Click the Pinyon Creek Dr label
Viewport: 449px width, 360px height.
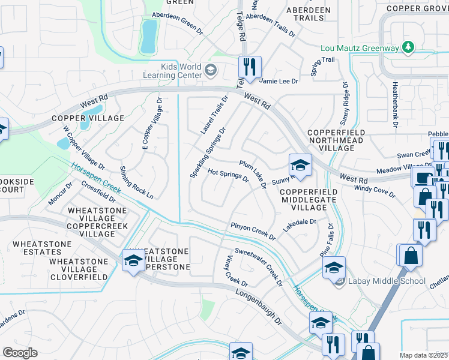pos(253,231)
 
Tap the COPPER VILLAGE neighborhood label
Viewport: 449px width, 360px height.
pos(88,119)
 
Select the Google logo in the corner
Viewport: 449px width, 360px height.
pos(20,352)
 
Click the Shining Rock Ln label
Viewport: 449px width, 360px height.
pos(137,182)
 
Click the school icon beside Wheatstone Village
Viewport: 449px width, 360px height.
pos(133,260)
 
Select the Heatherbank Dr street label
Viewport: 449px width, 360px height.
pos(395,104)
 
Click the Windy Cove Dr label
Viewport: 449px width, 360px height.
pos(375,191)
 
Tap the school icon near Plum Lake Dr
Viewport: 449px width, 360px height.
pos(300,164)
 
